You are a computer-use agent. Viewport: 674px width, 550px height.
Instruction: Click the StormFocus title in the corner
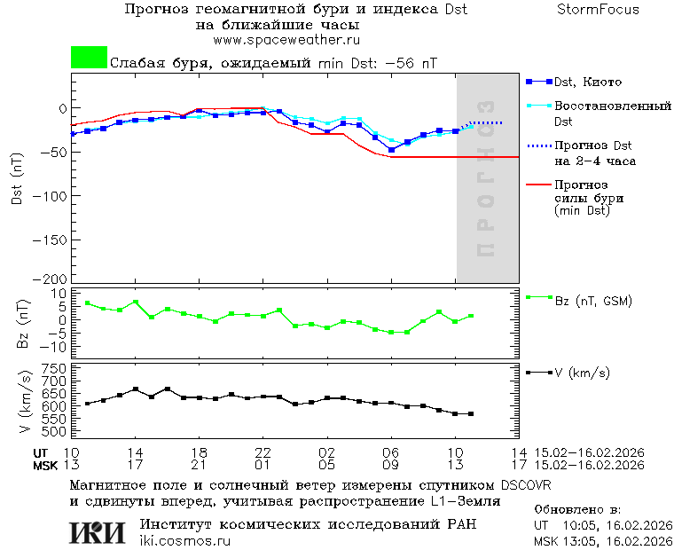tap(598, 10)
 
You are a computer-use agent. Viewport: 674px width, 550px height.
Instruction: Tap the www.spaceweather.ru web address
tap(286, 40)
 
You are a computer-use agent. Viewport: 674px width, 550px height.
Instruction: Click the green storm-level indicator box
tap(89, 58)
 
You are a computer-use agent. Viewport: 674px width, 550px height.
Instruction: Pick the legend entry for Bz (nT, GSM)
tap(592, 301)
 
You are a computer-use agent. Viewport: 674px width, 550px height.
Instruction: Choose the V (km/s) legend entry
tap(582, 373)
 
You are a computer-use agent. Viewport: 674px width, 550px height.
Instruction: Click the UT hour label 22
tap(263, 452)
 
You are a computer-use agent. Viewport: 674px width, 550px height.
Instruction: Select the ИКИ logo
tap(97, 532)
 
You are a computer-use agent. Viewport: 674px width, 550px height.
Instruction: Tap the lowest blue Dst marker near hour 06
tap(391, 150)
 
